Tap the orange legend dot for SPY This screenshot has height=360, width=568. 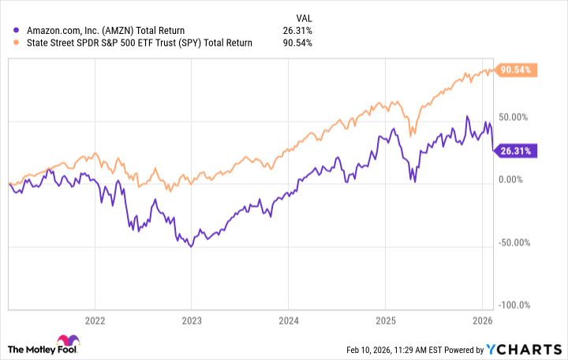click(x=8, y=43)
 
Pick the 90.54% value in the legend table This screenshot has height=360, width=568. click(x=296, y=43)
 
